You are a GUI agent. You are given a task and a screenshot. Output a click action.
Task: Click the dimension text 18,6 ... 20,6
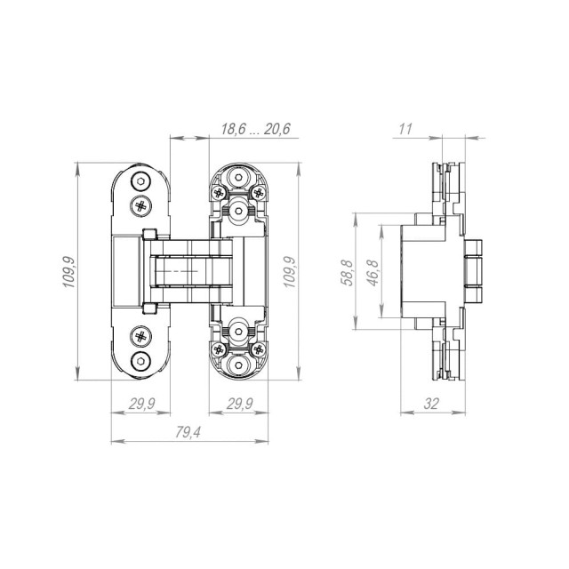click(x=255, y=129)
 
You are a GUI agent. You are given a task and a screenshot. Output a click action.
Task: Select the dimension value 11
click(x=405, y=129)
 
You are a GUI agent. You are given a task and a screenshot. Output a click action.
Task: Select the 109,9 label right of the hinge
click(x=289, y=271)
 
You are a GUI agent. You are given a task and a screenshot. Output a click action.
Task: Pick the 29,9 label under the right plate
click(x=236, y=404)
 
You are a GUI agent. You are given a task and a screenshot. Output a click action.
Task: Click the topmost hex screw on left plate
click(x=141, y=183)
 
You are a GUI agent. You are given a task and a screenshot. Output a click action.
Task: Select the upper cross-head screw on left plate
click(x=141, y=205)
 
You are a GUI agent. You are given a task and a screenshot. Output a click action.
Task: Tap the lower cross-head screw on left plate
click(x=141, y=337)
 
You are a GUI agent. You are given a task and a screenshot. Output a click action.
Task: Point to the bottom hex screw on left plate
click(x=141, y=360)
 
